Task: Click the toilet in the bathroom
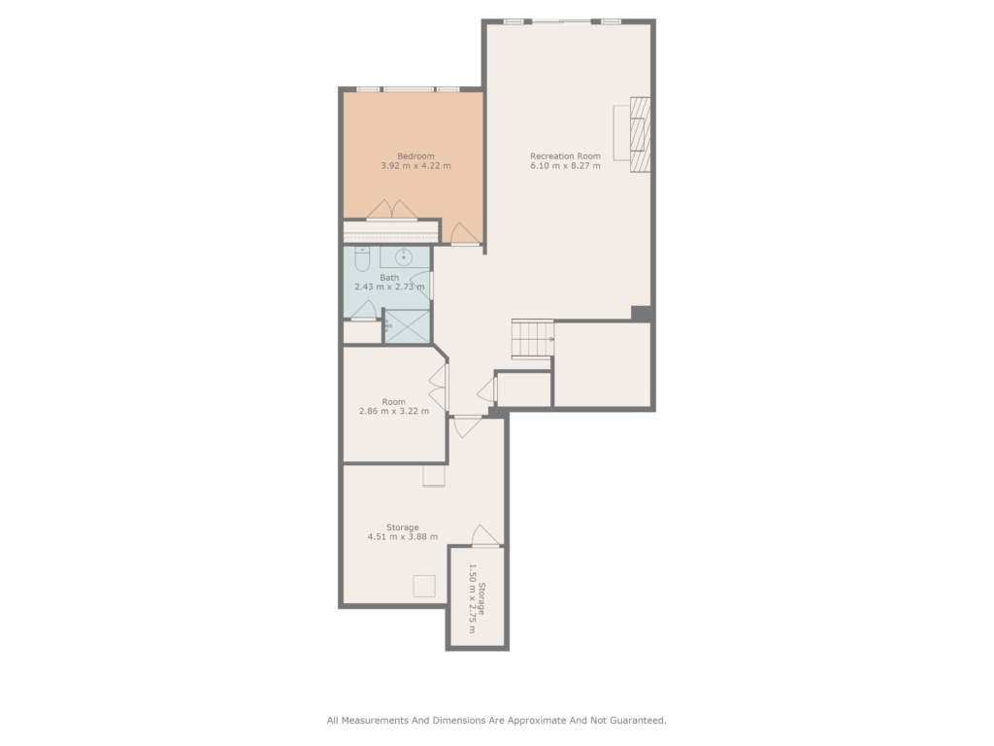click(362, 258)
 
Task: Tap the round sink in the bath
click(404, 256)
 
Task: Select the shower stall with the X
click(408, 326)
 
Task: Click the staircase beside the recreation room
click(533, 339)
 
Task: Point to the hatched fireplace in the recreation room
click(641, 134)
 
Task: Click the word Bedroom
click(415, 156)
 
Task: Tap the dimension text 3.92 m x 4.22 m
click(415, 166)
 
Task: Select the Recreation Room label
click(566, 156)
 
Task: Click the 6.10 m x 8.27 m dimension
click(566, 166)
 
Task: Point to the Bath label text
click(389, 277)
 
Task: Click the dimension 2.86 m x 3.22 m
click(394, 411)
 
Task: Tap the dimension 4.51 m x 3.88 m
click(403, 536)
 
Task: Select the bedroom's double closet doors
click(392, 211)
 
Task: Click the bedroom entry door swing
click(464, 233)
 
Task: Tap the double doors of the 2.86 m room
click(439, 387)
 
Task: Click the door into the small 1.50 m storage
click(485, 536)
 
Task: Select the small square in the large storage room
click(424, 586)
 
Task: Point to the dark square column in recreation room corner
click(641, 314)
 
